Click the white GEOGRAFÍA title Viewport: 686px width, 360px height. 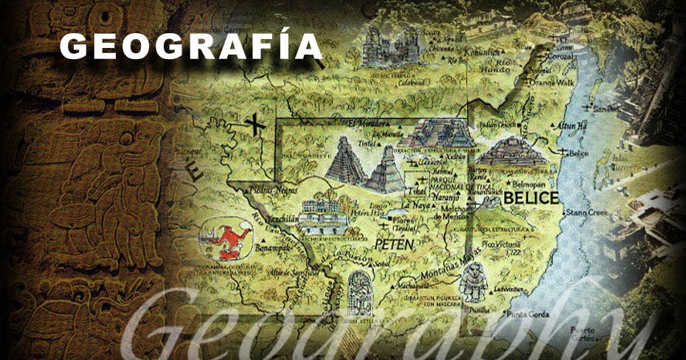(x=191, y=46)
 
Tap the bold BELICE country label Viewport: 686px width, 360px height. (x=531, y=197)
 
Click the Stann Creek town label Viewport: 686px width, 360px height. (x=586, y=213)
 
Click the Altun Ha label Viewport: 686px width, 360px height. (x=571, y=126)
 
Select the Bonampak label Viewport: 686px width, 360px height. (x=271, y=249)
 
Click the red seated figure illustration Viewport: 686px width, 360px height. (x=227, y=238)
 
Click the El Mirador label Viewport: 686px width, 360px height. (x=365, y=122)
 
